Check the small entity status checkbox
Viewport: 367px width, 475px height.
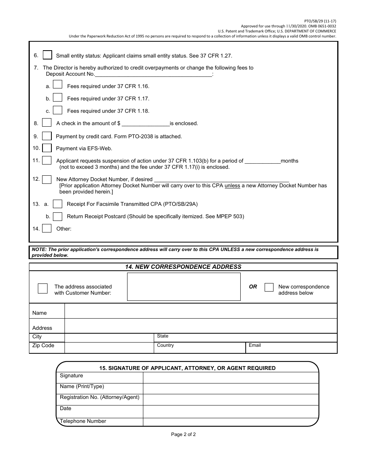[48, 55]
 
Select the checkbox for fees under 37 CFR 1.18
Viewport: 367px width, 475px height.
[58, 110]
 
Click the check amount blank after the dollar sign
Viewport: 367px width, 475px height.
[146, 123]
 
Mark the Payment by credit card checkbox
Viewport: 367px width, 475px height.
[47, 136]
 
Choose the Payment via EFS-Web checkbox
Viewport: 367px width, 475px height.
[47, 148]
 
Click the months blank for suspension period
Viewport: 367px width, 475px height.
[263, 161]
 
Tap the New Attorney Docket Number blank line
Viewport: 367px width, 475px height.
[221, 179]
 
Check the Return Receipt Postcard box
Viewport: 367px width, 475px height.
[58, 216]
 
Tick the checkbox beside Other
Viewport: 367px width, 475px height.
[47, 229]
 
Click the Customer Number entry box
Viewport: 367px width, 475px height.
[184, 287]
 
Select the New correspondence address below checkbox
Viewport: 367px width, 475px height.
[269, 287]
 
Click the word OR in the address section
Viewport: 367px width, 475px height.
[253, 287]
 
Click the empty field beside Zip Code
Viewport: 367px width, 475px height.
[109, 348]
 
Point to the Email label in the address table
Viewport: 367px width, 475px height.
[255, 345]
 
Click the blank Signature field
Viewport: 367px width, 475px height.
[231, 378]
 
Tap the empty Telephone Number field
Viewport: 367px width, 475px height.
[231, 422]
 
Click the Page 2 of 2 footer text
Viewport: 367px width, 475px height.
[183, 434]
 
